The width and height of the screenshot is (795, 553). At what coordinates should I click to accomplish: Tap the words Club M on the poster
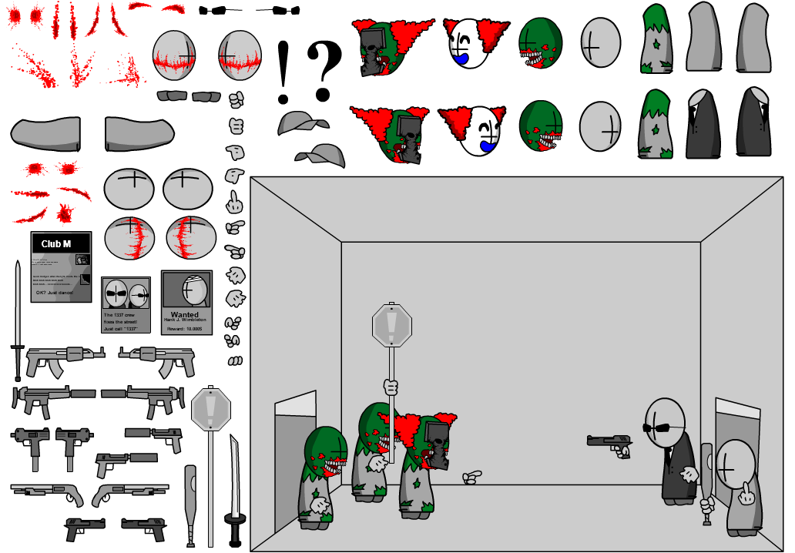[56, 244]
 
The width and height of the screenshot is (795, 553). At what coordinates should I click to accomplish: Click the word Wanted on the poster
[185, 314]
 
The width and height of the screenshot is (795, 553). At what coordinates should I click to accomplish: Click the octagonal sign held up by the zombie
[391, 325]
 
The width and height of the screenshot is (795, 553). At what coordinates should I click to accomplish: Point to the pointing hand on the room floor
[471, 478]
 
